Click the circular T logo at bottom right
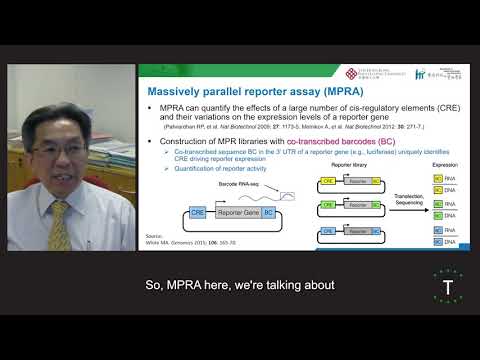(x=436, y=288)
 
